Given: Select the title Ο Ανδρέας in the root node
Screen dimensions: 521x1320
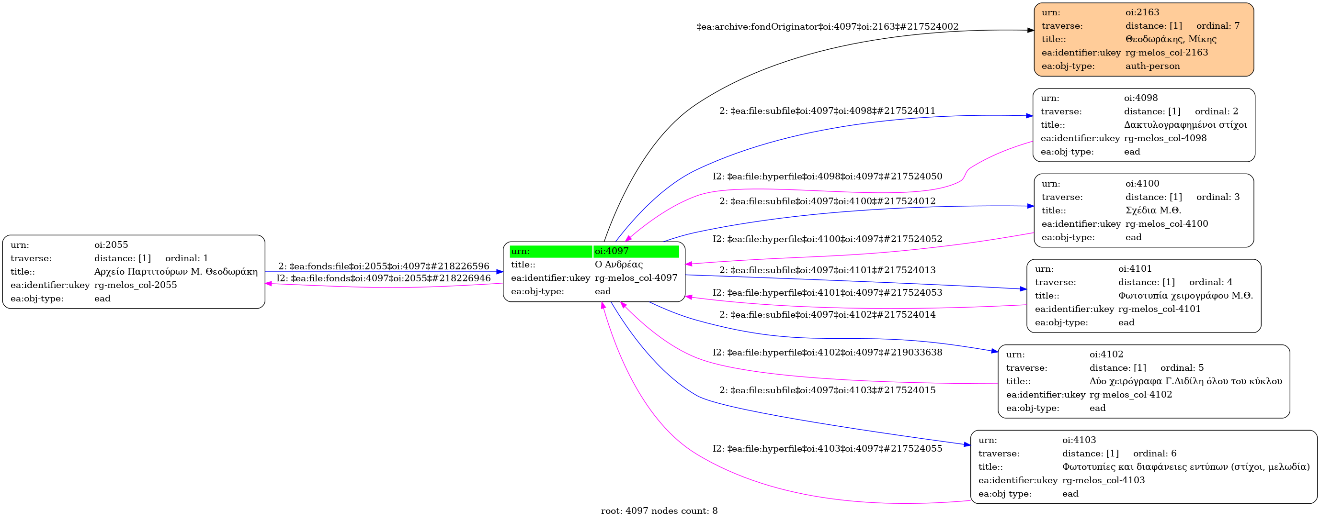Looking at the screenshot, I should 618,265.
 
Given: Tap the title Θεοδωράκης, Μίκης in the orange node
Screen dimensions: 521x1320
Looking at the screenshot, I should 1171,39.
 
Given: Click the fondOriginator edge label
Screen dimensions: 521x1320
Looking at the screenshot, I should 827,27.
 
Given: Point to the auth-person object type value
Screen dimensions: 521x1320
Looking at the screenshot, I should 1152,66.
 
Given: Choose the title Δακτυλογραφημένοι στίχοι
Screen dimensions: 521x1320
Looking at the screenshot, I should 1185,125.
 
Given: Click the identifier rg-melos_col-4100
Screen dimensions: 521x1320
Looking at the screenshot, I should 1166,223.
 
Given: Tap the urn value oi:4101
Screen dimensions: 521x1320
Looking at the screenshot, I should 1135,269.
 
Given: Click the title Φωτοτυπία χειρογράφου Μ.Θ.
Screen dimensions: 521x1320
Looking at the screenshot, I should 1185,296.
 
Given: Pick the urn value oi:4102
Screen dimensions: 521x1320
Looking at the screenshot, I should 1106,354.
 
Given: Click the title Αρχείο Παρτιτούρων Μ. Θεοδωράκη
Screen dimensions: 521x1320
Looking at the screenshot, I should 176,272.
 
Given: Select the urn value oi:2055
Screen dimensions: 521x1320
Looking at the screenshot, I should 111,244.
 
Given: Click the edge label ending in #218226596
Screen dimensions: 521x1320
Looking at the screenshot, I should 383,266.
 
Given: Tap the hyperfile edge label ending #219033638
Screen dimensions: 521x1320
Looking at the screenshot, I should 827,353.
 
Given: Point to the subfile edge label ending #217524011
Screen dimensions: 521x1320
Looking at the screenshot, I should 827,111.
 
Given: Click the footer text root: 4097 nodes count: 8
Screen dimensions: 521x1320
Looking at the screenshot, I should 659,511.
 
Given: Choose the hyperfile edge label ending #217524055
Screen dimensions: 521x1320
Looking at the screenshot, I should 827,449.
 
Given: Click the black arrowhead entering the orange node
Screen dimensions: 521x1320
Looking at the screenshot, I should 1031,31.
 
